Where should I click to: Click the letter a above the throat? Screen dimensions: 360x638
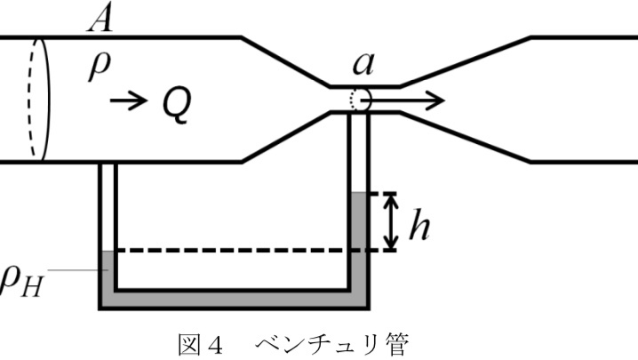[x=362, y=63]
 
